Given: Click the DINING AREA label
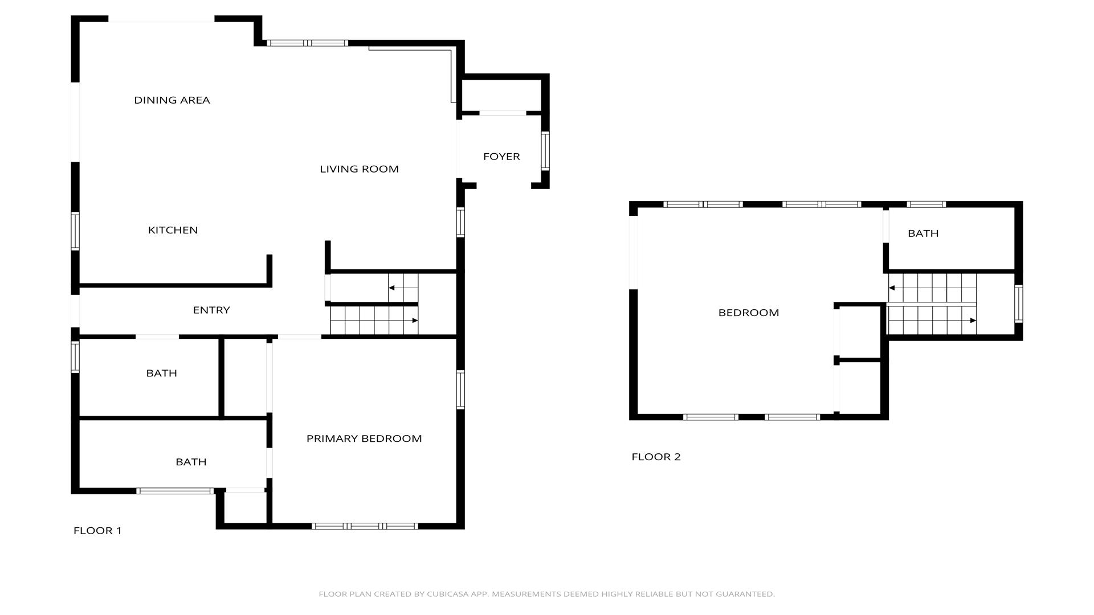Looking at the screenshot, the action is pyautogui.click(x=172, y=100).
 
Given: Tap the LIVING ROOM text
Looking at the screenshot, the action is pyautogui.click(x=359, y=169).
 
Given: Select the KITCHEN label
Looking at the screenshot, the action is pyautogui.click(x=173, y=230).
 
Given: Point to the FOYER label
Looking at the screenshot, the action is pyautogui.click(x=501, y=157).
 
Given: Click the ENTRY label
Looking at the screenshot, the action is pyautogui.click(x=211, y=310).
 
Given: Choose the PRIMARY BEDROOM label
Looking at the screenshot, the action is pyautogui.click(x=364, y=438).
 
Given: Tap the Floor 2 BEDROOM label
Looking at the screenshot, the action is pyautogui.click(x=749, y=313).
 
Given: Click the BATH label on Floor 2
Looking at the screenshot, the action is pyautogui.click(x=923, y=233).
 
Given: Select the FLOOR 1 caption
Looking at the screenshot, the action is pyautogui.click(x=97, y=531).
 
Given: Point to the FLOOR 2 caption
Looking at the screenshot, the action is pyautogui.click(x=656, y=457).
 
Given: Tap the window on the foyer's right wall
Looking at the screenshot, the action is pyautogui.click(x=545, y=151).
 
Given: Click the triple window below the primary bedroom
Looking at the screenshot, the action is pyautogui.click(x=365, y=526).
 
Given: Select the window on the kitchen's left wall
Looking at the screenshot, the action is pyautogui.click(x=75, y=231).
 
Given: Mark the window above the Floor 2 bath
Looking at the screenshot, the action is pyautogui.click(x=926, y=204).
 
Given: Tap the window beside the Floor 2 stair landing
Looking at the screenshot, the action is pyautogui.click(x=1019, y=304).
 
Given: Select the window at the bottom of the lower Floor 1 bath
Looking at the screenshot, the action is pyautogui.click(x=175, y=491).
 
